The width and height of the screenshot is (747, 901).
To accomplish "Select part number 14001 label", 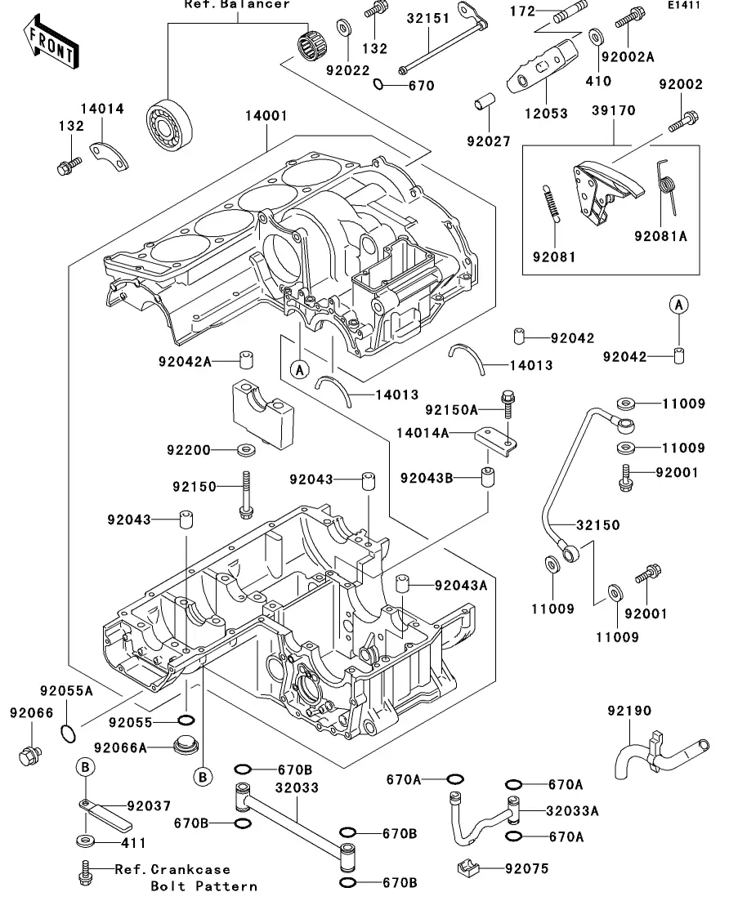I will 266,116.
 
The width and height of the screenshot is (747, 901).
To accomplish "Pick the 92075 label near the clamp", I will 527,869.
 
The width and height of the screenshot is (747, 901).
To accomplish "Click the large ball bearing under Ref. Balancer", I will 169,126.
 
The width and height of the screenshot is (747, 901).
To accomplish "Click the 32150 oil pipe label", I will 597,525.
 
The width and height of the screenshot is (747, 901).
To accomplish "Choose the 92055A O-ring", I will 69,733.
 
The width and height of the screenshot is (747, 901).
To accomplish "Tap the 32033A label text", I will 572,811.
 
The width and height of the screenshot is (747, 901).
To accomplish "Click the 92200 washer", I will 245,450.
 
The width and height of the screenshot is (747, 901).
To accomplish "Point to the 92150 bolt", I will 245,497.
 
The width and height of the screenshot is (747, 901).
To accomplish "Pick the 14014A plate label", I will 423,433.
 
